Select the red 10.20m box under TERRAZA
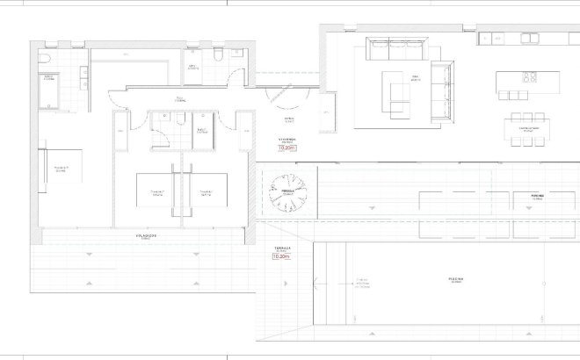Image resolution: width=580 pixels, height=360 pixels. click(280, 257)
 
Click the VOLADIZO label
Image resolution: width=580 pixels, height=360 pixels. click(146, 236)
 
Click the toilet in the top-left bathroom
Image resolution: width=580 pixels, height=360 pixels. click(44, 58)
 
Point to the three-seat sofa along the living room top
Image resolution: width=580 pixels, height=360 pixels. click(396, 50)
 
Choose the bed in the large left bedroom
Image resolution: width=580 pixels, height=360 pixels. click(62, 169)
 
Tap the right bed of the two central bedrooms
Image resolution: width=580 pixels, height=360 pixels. click(206, 191)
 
